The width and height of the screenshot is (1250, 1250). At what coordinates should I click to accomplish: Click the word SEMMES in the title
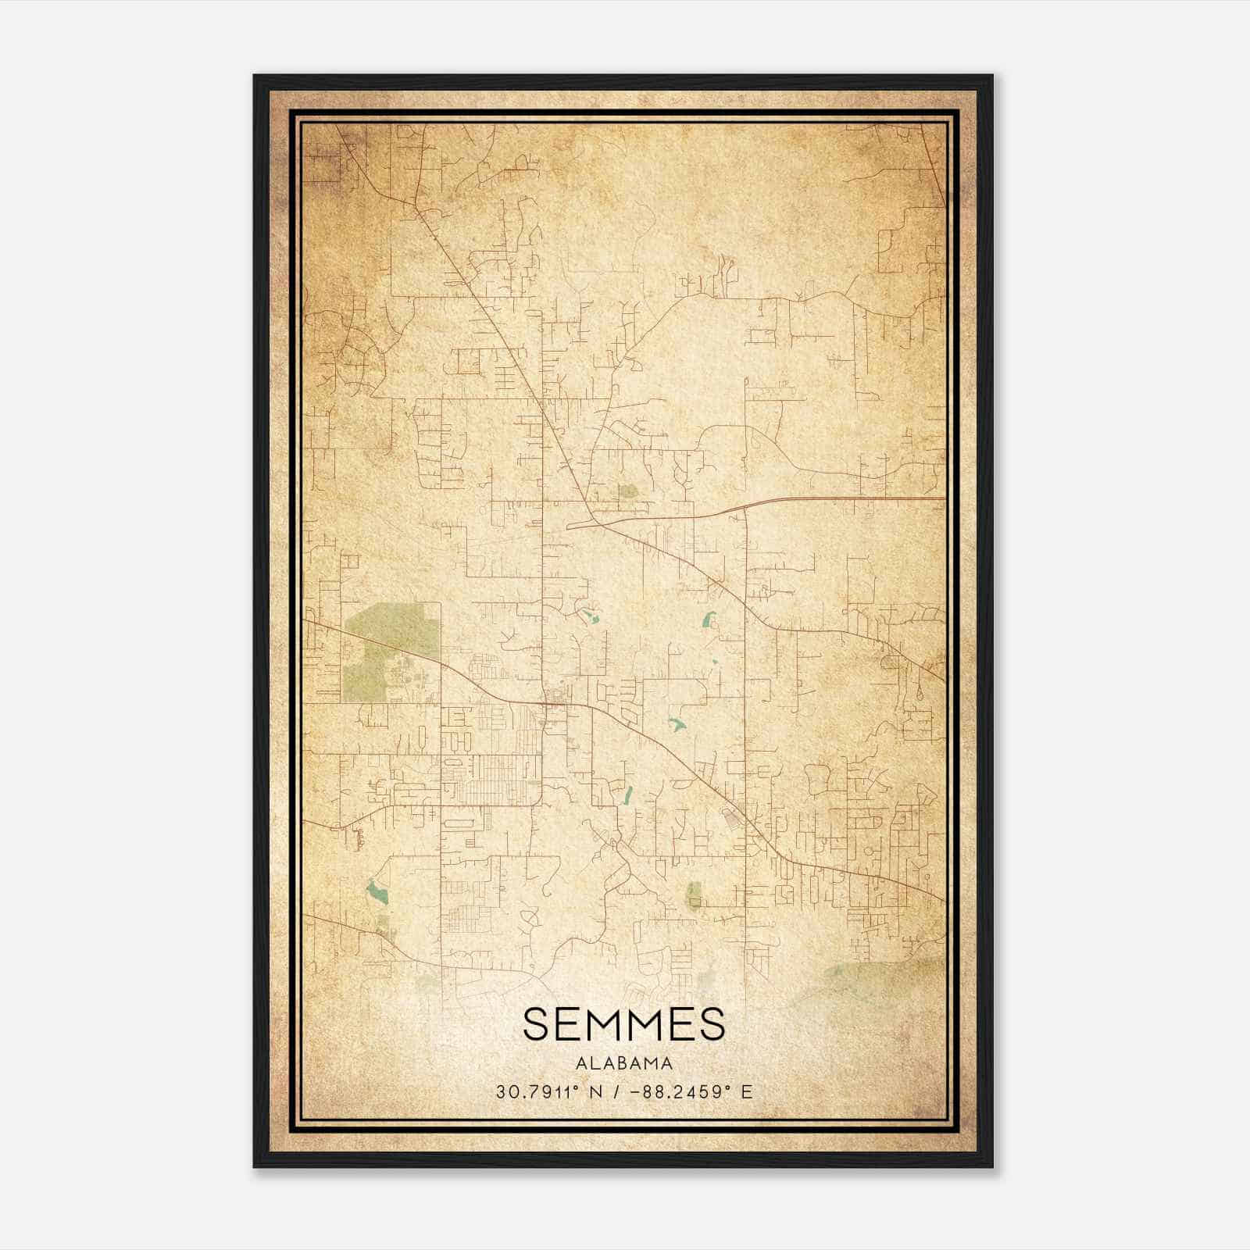pos(623,1024)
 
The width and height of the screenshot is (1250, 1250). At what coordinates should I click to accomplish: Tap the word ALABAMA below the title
pos(623,1063)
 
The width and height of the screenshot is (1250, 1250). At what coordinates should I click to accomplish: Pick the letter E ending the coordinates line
pos(748,1092)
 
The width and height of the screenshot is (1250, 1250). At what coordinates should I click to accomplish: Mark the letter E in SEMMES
pos(572,1024)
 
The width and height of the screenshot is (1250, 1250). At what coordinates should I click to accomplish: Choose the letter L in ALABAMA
pos(591,1063)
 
